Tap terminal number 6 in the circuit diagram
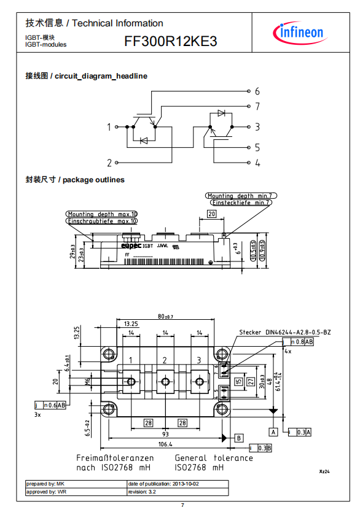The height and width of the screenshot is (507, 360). [x=257, y=91]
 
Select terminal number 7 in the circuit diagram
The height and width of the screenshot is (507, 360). [x=257, y=106]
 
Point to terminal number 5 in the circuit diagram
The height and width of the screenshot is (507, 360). [x=257, y=147]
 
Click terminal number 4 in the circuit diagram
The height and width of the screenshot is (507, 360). [x=257, y=163]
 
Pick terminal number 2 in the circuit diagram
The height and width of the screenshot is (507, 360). [x=109, y=163]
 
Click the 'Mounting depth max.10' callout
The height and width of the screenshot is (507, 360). [x=103, y=214]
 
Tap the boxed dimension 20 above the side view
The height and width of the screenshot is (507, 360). [x=211, y=214]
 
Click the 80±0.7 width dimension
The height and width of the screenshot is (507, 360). [x=165, y=317]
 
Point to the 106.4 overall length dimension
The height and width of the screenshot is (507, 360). [x=165, y=444]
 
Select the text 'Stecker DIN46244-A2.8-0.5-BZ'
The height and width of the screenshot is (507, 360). [x=285, y=332]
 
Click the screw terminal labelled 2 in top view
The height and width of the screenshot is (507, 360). [x=165, y=381]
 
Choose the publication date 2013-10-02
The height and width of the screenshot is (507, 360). [x=186, y=484]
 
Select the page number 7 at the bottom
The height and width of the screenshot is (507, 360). [x=182, y=505]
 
